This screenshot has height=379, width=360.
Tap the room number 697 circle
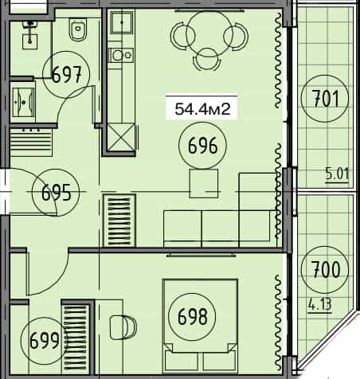pyautogui.click(x=68, y=76)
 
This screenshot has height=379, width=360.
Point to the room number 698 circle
pyautogui.click(x=193, y=318)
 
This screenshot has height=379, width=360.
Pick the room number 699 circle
pyautogui.click(x=45, y=342)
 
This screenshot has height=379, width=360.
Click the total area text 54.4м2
pyautogui.click(x=202, y=109)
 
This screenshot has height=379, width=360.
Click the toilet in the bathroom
pyautogui.click(x=78, y=31)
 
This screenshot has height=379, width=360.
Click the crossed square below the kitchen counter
pyautogui.click(x=121, y=138)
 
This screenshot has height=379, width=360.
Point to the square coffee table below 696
pyautogui.click(x=203, y=183)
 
